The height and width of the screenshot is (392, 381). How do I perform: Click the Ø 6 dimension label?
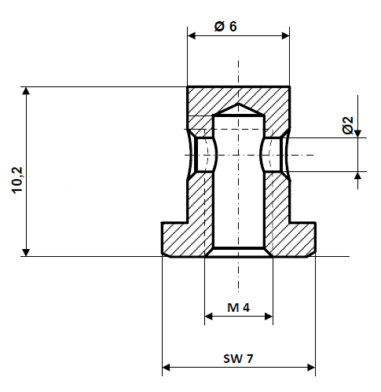[x=225, y=25]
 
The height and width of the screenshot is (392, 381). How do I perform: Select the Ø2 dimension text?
[x=348, y=124]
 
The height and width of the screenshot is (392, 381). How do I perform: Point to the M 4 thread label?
[x=238, y=307]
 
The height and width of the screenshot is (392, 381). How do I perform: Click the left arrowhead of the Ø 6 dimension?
[x=192, y=35]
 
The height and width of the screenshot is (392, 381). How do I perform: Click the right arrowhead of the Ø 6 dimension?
[x=284, y=35]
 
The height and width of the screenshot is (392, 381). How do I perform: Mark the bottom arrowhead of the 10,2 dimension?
[x=27, y=251]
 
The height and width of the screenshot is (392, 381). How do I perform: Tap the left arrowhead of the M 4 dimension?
[x=209, y=317]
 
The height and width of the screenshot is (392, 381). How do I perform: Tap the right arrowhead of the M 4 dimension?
[x=268, y=317]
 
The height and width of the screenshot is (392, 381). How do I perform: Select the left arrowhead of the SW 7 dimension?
[x=167, y=366]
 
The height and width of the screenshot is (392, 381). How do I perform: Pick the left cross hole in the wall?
[x=203, y=155]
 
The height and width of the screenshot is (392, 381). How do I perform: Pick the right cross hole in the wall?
[x=273, y=155]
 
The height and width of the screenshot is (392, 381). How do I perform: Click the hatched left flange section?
[x=182, y=238]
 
